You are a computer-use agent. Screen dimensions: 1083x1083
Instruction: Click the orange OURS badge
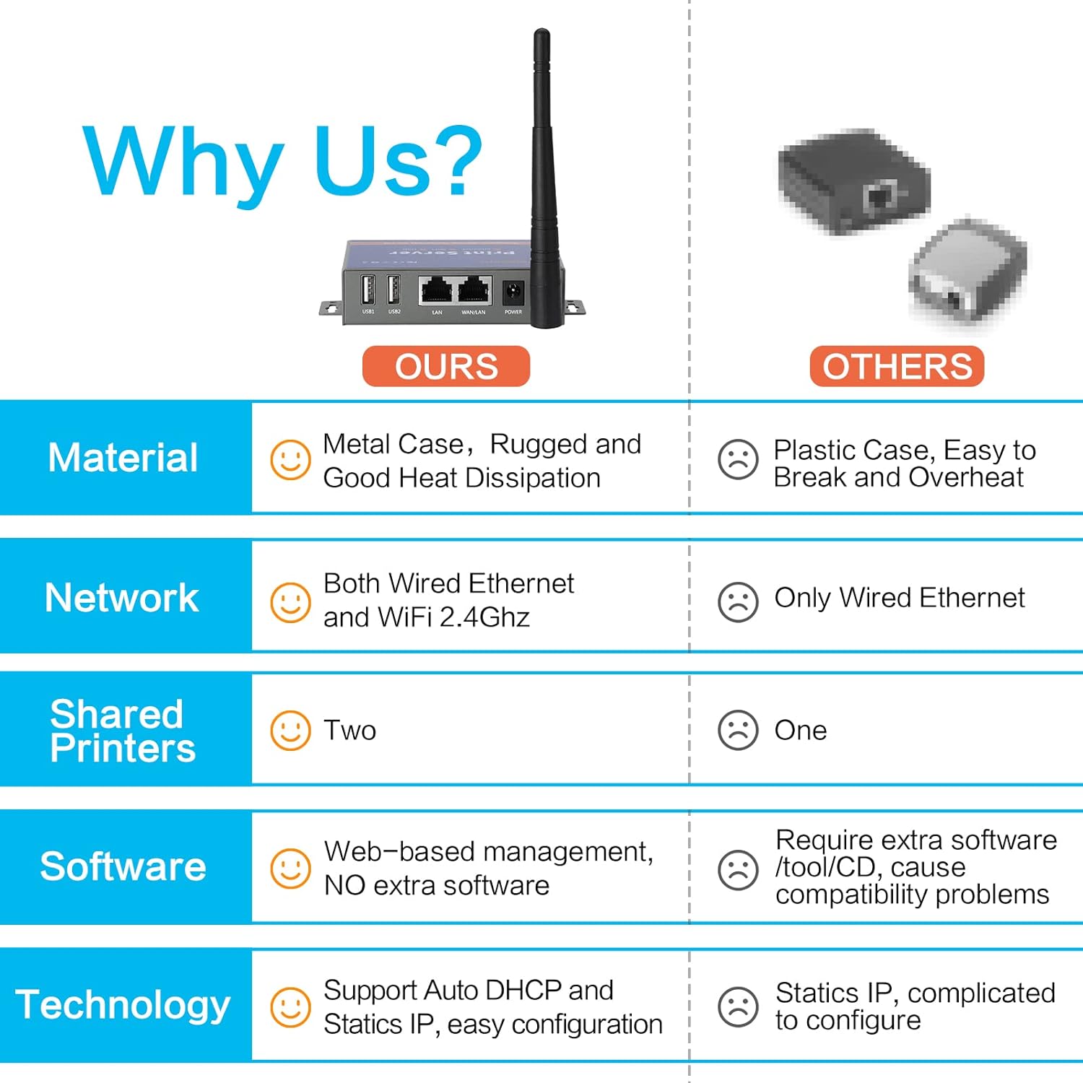pyautogui.click(x=445, y=367)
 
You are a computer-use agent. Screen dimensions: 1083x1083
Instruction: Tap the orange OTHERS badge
pyautogui.click(x=897, y=367)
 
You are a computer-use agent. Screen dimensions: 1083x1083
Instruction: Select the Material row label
pyautogui.click(x=123, y=458)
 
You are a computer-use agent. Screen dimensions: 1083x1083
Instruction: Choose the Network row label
pyautogui.click(x=122, y=598)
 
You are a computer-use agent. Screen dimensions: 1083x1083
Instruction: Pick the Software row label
pyautogui.click(x=123, y=866)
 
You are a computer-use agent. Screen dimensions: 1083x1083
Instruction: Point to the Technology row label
pyautogui.click(x=123, y=1005)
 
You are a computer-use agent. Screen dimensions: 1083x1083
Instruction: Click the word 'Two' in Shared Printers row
pyautogui.click(x=350, y=731)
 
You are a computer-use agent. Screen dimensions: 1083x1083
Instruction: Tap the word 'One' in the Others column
pyautogui.click(x=801, y=731)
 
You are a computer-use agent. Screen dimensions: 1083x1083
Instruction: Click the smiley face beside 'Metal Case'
pyautogui.click(x=290, y=459)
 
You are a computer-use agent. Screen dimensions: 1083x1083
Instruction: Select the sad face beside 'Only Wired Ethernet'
pyautogui.click(x=738, y=602)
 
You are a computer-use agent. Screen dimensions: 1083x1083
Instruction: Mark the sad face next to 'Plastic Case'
pyautogui.click(x=738, y=459)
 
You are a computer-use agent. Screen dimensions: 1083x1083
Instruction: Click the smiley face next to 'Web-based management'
pyautogui.click(x=290, y=869)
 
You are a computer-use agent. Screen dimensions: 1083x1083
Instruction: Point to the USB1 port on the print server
pyautogui.click(x=367, y=290)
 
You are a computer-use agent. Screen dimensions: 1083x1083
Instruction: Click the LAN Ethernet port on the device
pyautogui.click(x=436, y=290)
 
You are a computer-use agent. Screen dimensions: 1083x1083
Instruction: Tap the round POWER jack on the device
pyautogui.click(x=513, y=292)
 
